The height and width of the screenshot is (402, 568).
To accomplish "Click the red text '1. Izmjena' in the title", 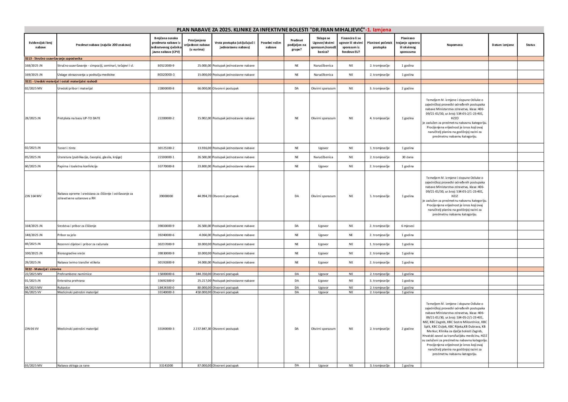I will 378,30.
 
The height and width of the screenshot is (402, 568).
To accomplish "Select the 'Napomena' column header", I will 454,45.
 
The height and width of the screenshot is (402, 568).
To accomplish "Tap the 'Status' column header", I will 530,45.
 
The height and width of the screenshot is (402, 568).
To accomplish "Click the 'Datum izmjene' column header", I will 503,45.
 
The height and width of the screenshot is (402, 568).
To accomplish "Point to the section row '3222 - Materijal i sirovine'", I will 43,269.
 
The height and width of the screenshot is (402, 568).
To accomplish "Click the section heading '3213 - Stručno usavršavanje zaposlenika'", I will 54,59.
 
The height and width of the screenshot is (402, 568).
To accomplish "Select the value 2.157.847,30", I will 202,329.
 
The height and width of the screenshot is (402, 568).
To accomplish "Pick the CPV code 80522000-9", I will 166,66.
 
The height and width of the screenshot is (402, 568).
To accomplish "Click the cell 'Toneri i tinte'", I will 67,148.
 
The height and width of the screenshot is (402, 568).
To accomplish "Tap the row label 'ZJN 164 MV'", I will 33,196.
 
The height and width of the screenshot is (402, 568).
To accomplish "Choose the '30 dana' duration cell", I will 407,157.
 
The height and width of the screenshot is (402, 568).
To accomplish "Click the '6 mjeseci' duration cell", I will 407,226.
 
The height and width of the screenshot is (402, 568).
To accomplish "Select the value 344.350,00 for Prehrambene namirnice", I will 203,274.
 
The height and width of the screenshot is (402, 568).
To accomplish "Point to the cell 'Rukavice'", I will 64,288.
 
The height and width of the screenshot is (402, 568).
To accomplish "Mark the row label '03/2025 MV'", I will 34,365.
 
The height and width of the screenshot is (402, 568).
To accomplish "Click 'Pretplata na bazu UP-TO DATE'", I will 79,118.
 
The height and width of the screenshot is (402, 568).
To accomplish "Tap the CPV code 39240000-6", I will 166,235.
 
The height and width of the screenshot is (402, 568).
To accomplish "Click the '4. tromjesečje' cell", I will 379,118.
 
